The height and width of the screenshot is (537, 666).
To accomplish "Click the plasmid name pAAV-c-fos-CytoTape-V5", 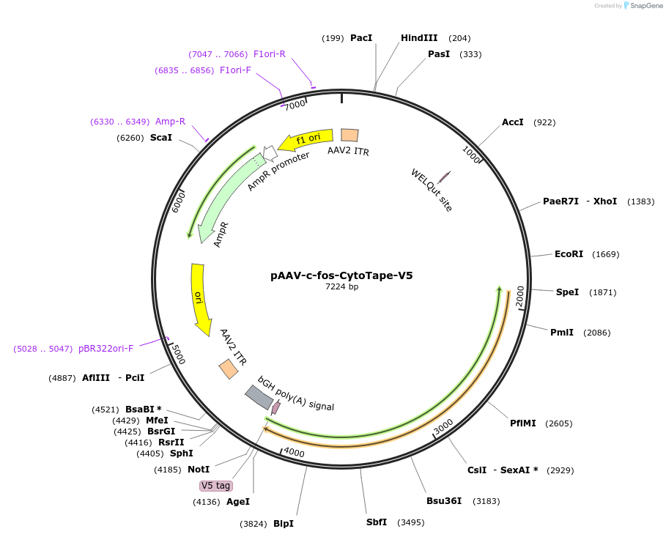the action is tap(341, 276).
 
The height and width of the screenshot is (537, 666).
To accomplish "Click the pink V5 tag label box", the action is tap(216, 486).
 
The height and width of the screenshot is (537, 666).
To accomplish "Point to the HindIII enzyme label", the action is tap(419, 38).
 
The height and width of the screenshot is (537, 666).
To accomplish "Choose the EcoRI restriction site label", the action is tap(569, 254).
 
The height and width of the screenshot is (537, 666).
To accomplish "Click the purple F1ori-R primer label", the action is tap(270, 54).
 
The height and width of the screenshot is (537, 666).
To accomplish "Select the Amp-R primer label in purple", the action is tap(170, 122).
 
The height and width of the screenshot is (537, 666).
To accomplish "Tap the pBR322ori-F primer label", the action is tap(106, 349).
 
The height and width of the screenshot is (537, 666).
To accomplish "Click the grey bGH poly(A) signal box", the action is tap(259, 397).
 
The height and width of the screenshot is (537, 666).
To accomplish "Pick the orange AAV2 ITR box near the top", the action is tap(349, 135).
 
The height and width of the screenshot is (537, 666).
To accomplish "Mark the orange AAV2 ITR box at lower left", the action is tap(229, 369).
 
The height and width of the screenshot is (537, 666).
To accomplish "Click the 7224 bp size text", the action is tap(341, 287).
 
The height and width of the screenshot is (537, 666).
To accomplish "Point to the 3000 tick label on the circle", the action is tap(443, 426).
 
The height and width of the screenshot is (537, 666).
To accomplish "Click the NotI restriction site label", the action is tap(199, 470).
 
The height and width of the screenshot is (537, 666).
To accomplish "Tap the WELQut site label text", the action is tap(432, 190).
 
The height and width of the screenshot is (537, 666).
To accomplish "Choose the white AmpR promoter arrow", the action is tap(269, 152).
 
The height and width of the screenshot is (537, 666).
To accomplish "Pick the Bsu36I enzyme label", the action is tap(444, 501).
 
